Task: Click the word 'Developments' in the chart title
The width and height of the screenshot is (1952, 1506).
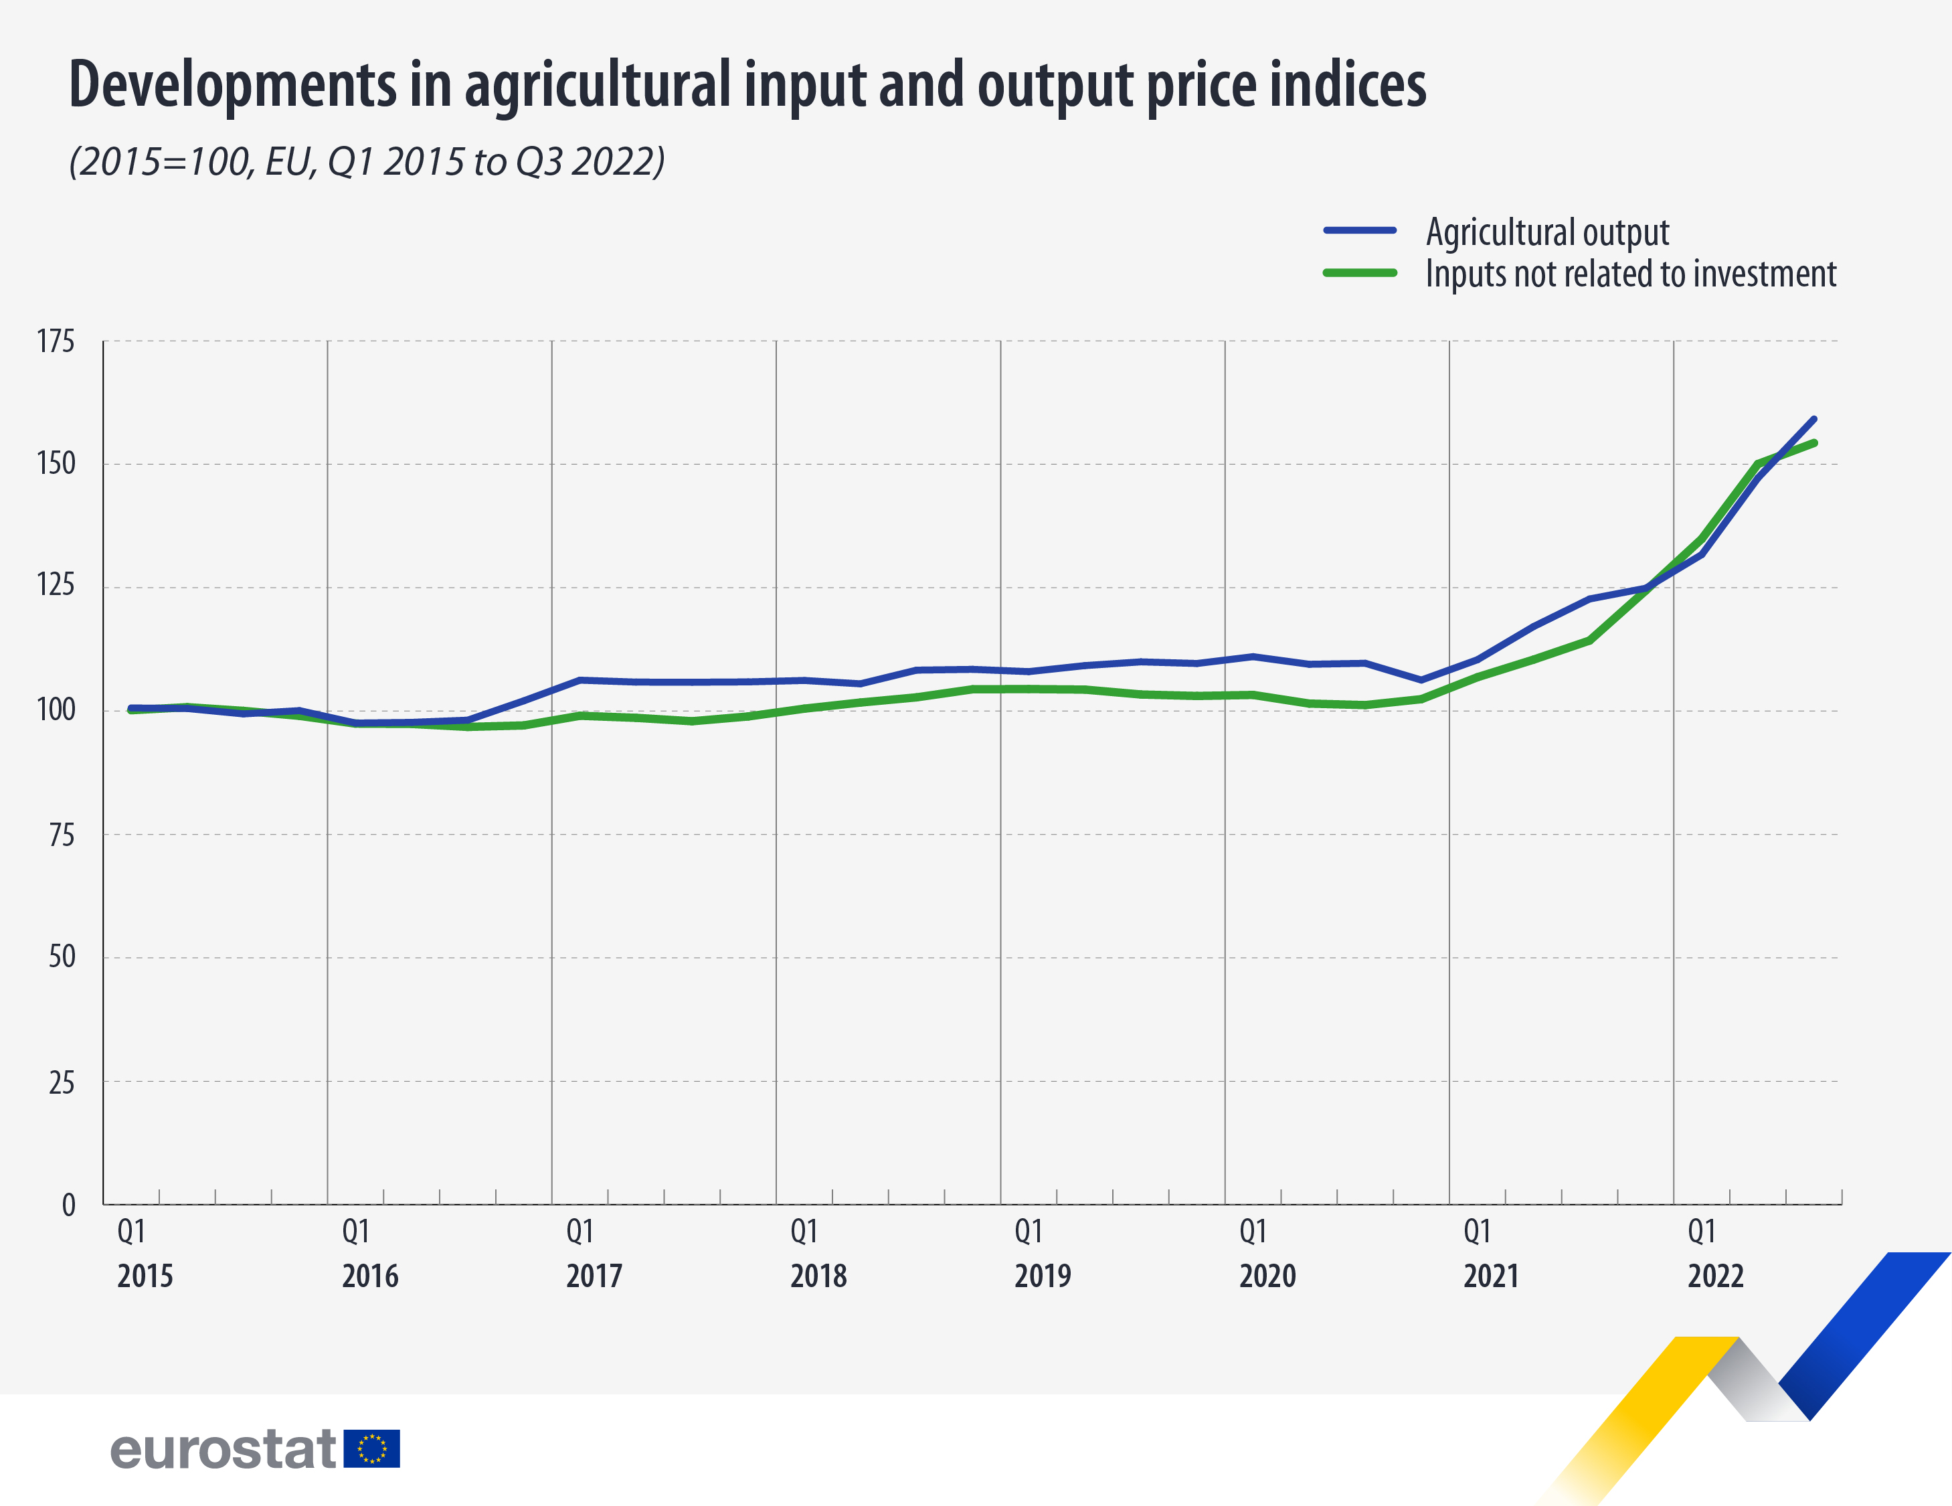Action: tap(232, 85)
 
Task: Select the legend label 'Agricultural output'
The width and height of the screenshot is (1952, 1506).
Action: tap(1547, 232)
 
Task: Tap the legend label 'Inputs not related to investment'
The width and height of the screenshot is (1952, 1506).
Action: tap(1630, 274)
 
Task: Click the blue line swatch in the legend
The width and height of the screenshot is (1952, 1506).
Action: tap(1359, 231)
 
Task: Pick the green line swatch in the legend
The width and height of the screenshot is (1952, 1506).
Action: tap(1359, 272)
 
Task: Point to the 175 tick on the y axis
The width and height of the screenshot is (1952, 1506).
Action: tap(56, 341)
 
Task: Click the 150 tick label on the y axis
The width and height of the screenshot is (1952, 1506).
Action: tap(56, 463)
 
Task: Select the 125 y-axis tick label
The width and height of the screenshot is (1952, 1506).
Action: tap(56, 586)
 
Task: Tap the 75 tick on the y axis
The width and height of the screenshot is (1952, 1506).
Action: tap(61, 835)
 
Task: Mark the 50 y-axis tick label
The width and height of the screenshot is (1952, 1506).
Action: tap(61, 957)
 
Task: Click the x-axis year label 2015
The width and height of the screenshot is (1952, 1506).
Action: tap(145, 1275)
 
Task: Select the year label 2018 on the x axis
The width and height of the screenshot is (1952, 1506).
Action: tap(818, 1275)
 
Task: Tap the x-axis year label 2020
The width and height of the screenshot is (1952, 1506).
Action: tap(1267, 1275)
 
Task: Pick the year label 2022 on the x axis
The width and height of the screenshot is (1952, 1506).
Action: tap(1715, 1275)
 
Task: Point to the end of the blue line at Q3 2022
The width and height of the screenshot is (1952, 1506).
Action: tap(1813, 418)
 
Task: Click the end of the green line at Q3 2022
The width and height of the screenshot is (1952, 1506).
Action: tap(1813, 442)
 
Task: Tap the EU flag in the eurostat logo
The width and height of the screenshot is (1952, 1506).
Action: tap(372, 1449)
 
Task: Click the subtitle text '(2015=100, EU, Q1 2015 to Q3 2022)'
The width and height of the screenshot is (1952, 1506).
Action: tap(367, 162)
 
